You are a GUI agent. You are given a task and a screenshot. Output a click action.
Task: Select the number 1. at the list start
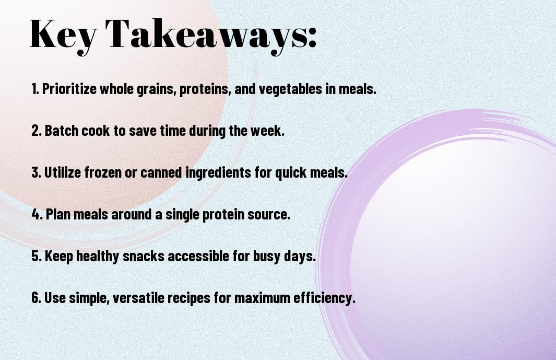click(x=35, y=89)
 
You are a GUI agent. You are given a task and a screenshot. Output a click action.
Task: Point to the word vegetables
click(x=278, y=89)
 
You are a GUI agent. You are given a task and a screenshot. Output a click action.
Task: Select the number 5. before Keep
click(x=37, y=257)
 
